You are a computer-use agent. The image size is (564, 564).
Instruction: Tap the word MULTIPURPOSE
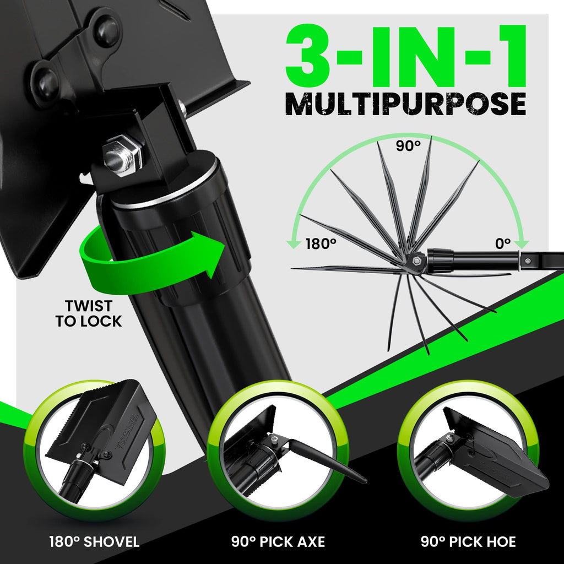click(x=406, y=104)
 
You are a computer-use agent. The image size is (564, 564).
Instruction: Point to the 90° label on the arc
click(x=408, y=145)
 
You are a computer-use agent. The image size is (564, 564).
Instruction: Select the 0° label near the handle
click(x=503, y=244)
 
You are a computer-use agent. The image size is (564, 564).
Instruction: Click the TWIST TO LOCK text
click(x=89, y=313)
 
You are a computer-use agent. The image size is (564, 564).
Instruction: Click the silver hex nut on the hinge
click(x=122, y=155)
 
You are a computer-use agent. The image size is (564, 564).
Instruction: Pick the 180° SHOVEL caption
click(x=94, y=542)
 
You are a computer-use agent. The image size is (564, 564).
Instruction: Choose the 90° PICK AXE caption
click(x=278, y=542)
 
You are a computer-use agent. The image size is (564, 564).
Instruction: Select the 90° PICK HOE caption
click(x=468, y=542)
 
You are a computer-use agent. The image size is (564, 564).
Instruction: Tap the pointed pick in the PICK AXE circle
click(x=327, y=461)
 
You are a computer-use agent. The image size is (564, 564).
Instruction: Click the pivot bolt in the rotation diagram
click(x=417, y=260)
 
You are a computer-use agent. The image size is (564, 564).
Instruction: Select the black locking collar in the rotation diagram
click(x=440, y=261)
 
